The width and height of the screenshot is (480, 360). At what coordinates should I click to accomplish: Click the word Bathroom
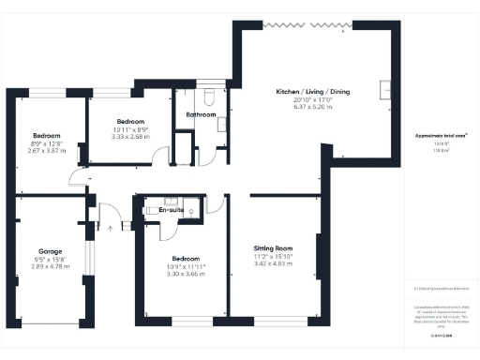click(200, 114)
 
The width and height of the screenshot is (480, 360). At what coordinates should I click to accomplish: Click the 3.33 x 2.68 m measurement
click(130, 135)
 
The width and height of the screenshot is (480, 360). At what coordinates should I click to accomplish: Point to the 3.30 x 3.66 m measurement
click(184, 273)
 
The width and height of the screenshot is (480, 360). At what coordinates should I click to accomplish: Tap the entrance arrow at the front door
click(111, 226)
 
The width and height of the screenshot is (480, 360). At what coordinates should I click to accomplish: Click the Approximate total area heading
click(442, 136)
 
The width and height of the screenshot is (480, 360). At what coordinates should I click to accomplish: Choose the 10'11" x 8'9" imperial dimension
click(130, 128)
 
